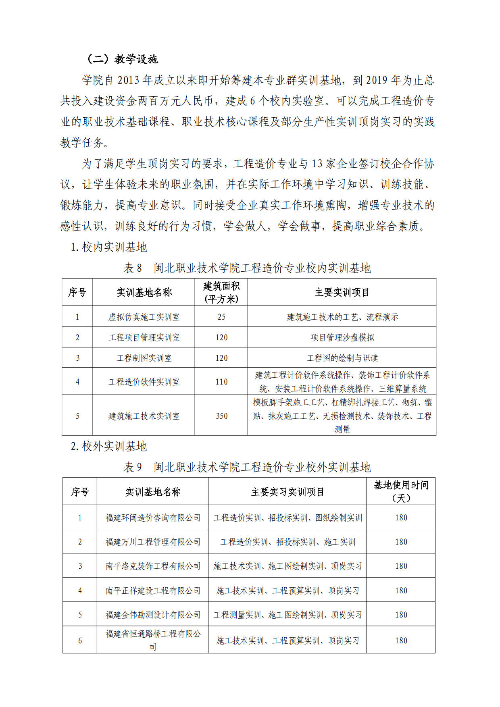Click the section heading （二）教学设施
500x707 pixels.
123,59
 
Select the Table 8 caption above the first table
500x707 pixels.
247,268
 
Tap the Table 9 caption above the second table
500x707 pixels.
247,467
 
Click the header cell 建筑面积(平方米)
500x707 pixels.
221,292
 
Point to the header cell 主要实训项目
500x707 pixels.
342,292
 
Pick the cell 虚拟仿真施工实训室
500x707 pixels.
144,317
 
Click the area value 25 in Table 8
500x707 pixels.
221,317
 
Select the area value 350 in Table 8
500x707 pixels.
221,416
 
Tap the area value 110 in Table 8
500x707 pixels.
221,382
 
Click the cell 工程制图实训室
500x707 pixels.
144,358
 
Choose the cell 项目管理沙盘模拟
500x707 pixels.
342,337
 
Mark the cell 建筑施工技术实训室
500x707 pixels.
144,416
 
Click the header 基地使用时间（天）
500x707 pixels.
401,491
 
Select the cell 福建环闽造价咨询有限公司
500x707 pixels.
153,518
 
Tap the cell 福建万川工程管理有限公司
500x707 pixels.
153,542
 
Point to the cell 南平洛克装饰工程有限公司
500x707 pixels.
153,566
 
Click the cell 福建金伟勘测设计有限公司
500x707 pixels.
153,615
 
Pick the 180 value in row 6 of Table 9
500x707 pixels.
401,640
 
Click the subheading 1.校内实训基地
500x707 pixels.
109,247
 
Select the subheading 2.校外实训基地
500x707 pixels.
109,446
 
